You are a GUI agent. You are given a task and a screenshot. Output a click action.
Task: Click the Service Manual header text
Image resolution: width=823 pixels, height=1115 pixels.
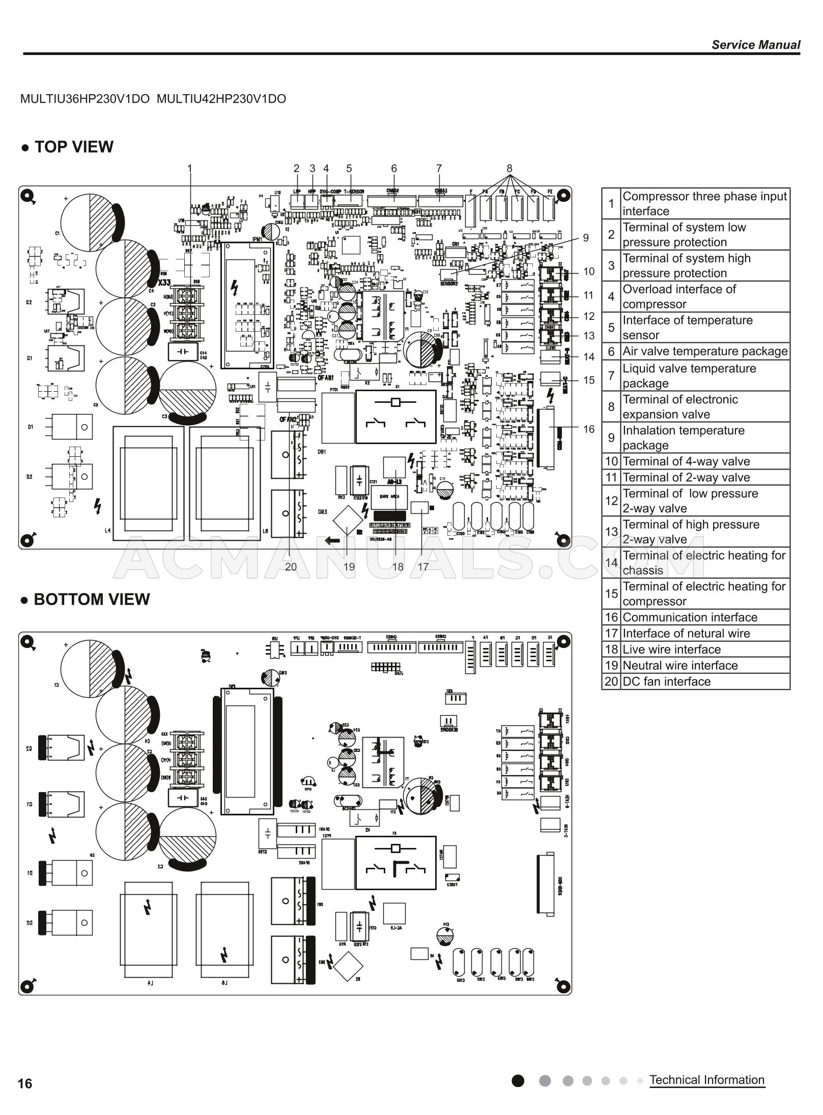coord(755,45)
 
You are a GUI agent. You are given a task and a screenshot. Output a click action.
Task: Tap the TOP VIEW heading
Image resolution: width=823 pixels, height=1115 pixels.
coord(73,147)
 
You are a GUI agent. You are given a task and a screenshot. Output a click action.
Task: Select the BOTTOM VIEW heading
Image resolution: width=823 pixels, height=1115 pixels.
coord(91,599)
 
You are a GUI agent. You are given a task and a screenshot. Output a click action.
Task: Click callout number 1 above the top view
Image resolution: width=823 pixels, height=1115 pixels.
coord(190,168)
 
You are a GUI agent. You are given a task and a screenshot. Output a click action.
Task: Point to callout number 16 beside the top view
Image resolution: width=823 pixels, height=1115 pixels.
coord(589,429)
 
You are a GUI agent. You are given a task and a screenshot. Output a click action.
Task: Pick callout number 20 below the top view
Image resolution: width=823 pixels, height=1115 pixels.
coord(291,567)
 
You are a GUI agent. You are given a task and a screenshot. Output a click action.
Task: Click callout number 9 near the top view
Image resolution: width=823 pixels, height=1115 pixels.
coord(586,238)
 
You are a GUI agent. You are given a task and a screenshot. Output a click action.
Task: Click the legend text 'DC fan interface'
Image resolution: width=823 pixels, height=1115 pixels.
coord(666,682)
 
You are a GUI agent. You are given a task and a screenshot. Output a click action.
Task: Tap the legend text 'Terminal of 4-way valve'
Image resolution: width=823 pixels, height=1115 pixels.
coord(686,461)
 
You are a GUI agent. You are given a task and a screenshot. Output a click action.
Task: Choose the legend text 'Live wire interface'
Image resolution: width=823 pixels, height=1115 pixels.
coord(671,650)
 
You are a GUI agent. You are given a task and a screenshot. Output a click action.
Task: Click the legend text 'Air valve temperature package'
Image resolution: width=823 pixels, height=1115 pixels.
coord(705,351)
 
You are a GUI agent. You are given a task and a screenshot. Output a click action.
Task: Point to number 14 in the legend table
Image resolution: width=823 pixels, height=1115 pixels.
coord(611,563)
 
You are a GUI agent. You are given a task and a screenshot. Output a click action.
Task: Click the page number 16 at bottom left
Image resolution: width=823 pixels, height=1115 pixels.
coord(25,1084)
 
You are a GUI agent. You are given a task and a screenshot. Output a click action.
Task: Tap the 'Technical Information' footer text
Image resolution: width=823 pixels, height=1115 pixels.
coord(707,1080)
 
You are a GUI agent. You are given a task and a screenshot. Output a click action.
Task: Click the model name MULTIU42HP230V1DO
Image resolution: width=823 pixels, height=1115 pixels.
coord(221,99)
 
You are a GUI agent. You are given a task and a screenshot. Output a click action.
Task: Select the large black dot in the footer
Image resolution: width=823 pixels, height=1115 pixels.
coord(518,1080)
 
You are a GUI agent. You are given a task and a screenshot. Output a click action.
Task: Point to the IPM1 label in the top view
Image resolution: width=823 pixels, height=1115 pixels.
coord(256,239)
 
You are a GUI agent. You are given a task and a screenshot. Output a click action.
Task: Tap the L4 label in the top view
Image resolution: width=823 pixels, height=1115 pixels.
coord(107,531)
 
